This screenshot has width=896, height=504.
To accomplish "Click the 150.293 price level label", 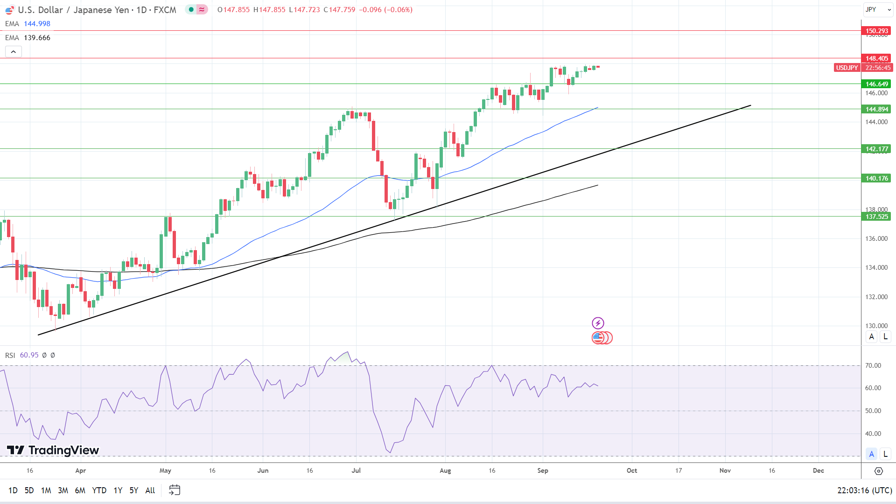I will click(876, 31).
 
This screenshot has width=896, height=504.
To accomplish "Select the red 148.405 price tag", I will click(876, 58).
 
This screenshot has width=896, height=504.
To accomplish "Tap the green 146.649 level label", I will click(876, 84).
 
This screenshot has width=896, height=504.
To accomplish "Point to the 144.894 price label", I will click(876, 109).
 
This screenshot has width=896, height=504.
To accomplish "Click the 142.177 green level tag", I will click(876, 149).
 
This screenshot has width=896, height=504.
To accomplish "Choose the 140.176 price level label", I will click(876, 178).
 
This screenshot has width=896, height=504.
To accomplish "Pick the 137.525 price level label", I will click(876, 217).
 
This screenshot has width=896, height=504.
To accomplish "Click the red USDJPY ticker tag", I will click(847, 68).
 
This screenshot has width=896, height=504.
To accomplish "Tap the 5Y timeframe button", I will click(134, 490).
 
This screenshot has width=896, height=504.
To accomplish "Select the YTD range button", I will click(99, 490).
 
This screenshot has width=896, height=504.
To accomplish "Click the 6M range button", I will click(80, 490).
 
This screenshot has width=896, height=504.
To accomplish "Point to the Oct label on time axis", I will click(632, 470).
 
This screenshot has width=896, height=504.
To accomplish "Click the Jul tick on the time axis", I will click(356, 470).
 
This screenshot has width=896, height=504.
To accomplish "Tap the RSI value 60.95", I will click(29, 355).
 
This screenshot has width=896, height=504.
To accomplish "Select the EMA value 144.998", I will click(37, 24).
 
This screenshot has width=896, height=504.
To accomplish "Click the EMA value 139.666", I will click(37, 38).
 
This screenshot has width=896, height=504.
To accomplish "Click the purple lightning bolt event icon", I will click(598, 323).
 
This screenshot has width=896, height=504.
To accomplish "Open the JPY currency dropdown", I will click(877, 9).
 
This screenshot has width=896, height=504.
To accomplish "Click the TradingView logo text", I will click(63, 450).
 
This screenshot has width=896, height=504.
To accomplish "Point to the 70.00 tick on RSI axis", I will click(873, 365).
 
